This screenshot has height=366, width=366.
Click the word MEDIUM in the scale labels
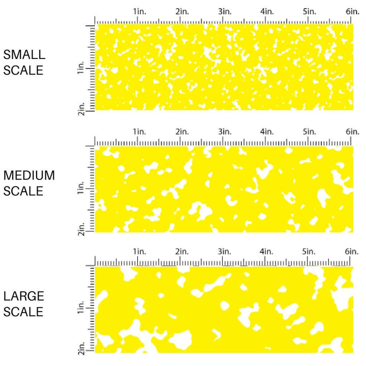[29, 176]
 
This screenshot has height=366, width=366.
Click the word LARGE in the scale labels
[23, 296]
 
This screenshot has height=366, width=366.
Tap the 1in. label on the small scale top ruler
[139, 11]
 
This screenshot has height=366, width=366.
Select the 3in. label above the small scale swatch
[225, 11]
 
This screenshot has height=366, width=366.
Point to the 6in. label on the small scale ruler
[352, 11]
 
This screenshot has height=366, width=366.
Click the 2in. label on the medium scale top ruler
[182, 132]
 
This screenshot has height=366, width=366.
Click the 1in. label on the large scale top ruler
[139, 252]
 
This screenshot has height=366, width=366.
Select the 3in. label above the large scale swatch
[225, 252]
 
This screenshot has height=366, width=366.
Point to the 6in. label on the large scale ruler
[352, 252]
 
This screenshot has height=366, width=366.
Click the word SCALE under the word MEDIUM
[23, 191]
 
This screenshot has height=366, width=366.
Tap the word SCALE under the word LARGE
[23, 312]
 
